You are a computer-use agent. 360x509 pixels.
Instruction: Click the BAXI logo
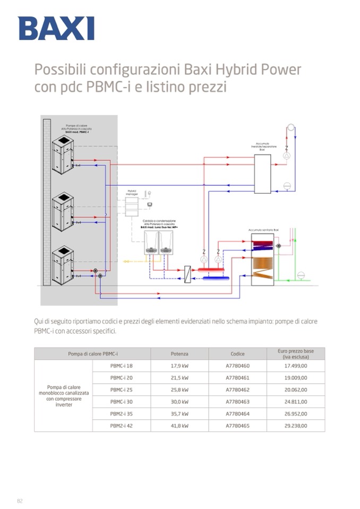point(56,28)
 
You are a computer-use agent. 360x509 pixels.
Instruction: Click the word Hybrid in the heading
point(232,70)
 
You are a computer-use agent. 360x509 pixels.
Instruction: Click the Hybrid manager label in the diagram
point(132,192)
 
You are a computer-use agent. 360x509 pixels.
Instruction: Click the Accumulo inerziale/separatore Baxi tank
point(262,174)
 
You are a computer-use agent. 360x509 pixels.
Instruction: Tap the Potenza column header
point(179,353)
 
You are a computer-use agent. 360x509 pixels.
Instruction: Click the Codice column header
point(237,353)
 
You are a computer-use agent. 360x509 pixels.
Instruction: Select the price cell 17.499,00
point(296,366)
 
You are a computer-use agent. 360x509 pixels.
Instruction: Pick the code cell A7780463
point(237,402)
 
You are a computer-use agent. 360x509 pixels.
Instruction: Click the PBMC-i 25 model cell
point(122,390)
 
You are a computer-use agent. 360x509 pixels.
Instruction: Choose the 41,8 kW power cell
point(179,426)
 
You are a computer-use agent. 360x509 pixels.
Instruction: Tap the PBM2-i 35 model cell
point(122,413)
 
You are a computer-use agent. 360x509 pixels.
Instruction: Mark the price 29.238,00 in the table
point(296,426)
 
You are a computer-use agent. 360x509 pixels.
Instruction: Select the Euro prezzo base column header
point(296,353)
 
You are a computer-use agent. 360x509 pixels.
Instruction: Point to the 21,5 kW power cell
point(179,378)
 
